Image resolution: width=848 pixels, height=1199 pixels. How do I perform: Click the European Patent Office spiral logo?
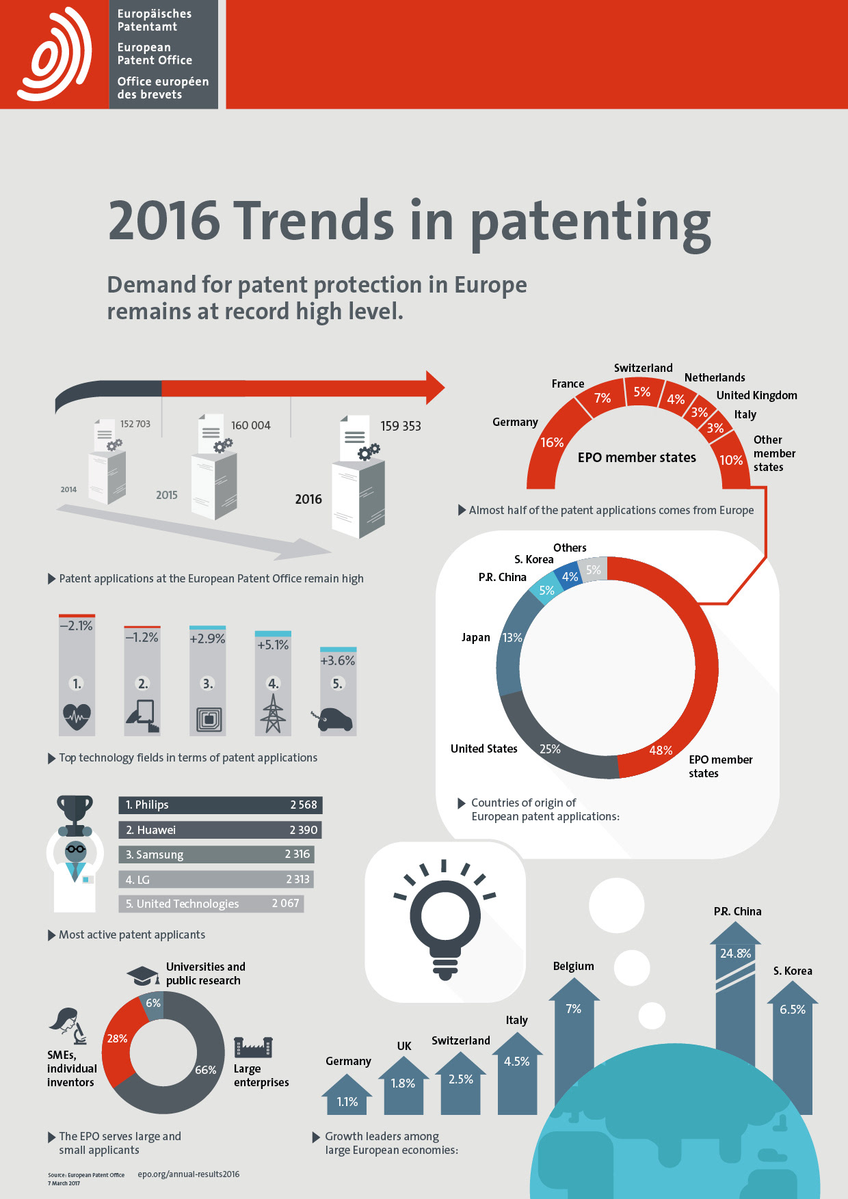[x=55, y=54]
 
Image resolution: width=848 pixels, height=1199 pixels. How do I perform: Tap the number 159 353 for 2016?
[x=400, y=426]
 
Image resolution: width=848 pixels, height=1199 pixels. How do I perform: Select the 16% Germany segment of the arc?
[x=551, y=442]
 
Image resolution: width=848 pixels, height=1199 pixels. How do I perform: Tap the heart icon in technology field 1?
[x=77, y=716]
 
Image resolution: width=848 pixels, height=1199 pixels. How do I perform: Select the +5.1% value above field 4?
[x=273, y=645]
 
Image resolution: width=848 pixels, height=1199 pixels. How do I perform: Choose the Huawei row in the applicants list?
[x=220, y=830]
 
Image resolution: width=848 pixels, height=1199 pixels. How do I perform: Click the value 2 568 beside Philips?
[x=303, y=805]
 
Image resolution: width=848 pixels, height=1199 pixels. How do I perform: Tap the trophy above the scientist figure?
[x=75, y=810]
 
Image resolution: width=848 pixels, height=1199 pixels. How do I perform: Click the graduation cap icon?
[x=142, y=975]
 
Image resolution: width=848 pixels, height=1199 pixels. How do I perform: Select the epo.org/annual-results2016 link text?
[x=189, y=1174]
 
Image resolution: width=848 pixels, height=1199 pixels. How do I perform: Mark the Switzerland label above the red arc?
[x=643, y=368]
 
